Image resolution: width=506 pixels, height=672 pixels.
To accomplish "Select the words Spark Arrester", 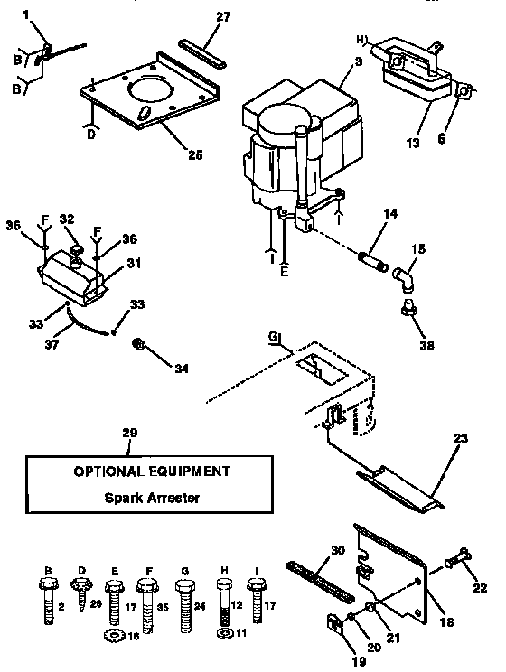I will pos(149,498).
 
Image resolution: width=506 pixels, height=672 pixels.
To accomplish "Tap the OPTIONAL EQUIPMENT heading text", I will pos(150,471).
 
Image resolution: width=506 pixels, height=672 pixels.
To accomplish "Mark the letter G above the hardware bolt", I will pos(186,571).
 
